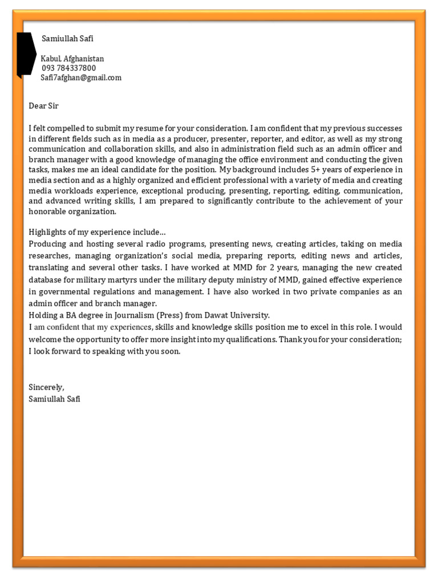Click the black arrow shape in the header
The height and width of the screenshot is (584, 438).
pyautogui.click(x=26, y=55)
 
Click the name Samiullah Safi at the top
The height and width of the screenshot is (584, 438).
pyautogui.click(x=68, y=38)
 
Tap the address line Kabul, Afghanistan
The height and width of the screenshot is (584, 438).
pyautogui.click(x=72, y=59)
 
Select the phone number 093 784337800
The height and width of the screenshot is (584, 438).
pyautogui.click(x=68, y=68)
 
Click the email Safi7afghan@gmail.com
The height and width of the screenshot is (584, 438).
pyautogui.click(x=81, y=78)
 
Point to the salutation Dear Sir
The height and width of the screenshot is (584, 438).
pyautogui.click(x=43, y=106)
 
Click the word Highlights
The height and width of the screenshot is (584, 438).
pyautogui.click(x=47, y=233)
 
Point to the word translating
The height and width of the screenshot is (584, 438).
pyautogui.click(x=48, y=267)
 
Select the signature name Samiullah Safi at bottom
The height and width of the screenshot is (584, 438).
pyautogui.click(x=54, y=399)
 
